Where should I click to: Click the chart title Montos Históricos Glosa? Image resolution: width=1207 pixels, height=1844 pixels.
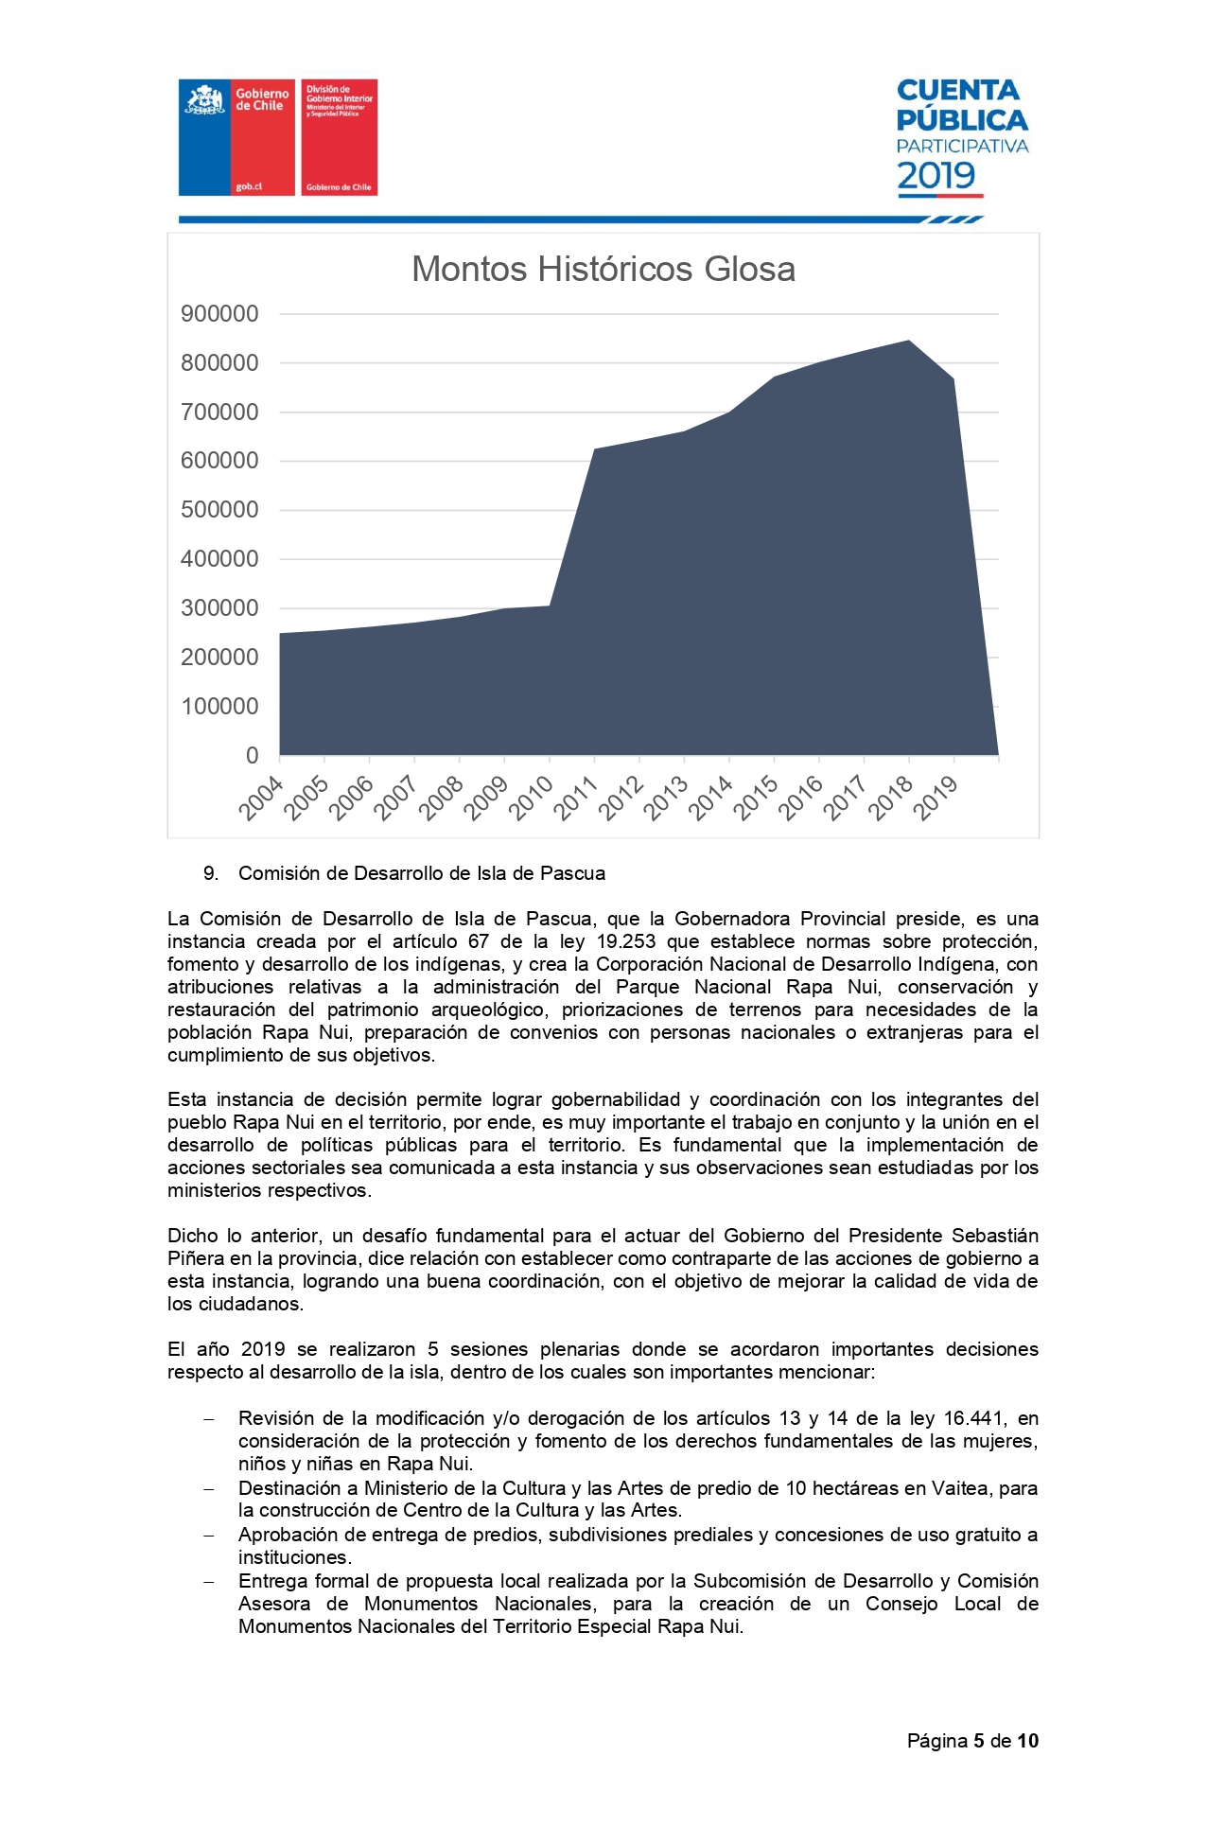pyautogui.click(x=603, y=270)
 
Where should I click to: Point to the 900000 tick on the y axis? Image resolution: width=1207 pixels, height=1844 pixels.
pyautogui.click(x=219, y=314)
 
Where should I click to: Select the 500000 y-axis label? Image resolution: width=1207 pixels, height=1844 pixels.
pyautogui.click(x=219, y=510)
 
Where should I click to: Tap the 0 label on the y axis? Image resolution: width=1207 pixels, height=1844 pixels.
pyautogui.click(x=252, y=755)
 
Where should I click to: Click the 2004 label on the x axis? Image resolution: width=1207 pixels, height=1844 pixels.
pyautogui.click(x=261, y=798)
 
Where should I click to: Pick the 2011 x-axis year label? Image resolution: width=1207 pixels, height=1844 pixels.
pyautogui.click(x=576, y=798)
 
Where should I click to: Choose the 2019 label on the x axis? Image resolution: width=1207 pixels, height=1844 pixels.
pyautogui.click(x=937, y=798)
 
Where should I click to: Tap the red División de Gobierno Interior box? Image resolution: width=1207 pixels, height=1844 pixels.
pyautogui.click(x=339, y=137)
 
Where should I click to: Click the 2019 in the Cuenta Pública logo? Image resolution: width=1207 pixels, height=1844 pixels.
pyautogui.click(x=936, y=176)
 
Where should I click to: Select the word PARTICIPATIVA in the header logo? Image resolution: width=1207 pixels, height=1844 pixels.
pyautogui.click(x=962, y=147)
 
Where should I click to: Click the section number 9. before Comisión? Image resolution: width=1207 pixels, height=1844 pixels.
pyautogui.click(x=211, y=873)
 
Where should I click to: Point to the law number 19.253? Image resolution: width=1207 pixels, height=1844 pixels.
pyautogui.click(x=626, y=941)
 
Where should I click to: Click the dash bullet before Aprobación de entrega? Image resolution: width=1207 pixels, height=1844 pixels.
pyautogui.click(x=209, y=1535)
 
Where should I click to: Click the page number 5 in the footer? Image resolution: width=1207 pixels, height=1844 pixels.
pyautogui.click(x=980, y=1741)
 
